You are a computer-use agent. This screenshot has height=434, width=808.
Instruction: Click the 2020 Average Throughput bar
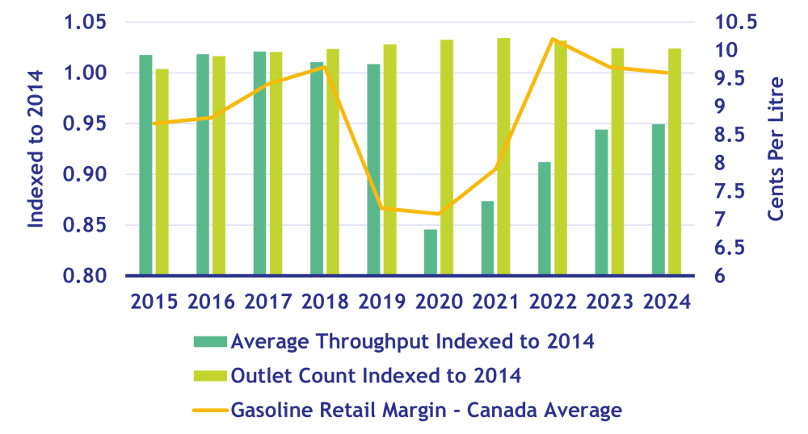pyautogui.click(x=431, y=252)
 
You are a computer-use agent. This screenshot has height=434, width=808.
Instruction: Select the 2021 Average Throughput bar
pyautogui.click(x=487, y=238)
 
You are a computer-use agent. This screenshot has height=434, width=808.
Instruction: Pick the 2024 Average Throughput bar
pyautogui.click(x=659, y=199)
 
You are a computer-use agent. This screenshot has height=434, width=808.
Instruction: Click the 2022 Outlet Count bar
pyautogui.click(x=561, y=157)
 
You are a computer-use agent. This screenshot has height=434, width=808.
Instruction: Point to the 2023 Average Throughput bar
pyautogui.click(x=601, y=202)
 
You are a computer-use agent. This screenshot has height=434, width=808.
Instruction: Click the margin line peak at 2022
pyautogui.click(x=552, y=39)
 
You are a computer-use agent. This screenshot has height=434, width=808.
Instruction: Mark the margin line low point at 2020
pyautogui.click(x=438, y=214)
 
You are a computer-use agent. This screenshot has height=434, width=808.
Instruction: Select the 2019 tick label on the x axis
pyautogui.click(x=381, y=302)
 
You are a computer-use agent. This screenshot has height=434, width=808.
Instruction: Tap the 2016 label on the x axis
pyautogui.click(x=210, y=302)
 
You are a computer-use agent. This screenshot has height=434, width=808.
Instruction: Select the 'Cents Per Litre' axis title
pyautogui.click(x=776, y=149)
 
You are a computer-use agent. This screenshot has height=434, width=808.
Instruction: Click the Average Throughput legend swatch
pyautogui.click(x=208, y=341)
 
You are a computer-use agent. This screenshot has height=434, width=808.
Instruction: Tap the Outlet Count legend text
pyautogui.click(x=376, y=376)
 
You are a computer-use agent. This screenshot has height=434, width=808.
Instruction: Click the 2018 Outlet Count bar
pyautogui.click(x=333, y=161)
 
